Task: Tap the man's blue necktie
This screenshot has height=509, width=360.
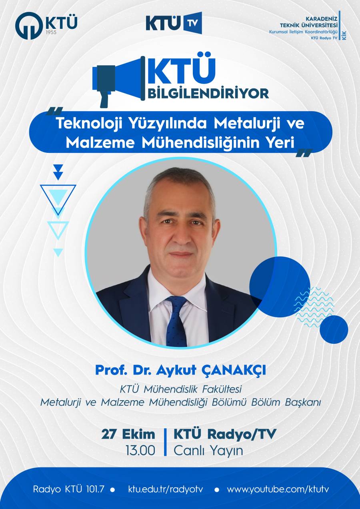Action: tap(176, 320)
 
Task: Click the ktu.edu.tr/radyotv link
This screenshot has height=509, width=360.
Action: tap(165, 488)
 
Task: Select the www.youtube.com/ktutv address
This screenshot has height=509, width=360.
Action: tap(278, 488)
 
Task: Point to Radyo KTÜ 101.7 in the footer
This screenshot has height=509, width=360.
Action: tap(68, 488)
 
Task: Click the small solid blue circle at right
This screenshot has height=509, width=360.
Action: tap(334, 329)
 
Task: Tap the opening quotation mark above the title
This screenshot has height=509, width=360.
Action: tap(55, 111)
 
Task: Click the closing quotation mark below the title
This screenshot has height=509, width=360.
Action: tap(304, 153)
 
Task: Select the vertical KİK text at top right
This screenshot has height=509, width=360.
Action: tap(345, 36)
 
